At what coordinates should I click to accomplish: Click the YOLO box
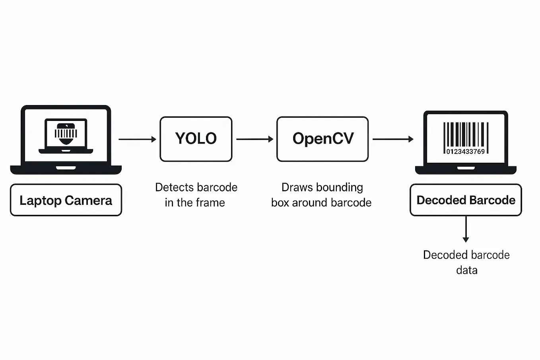(x=196, y=139)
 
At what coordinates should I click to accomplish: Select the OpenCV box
(x=322, y=139)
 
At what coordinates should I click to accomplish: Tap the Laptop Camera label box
(x=66, y=200)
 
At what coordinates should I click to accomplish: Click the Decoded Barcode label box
(x=466, y=200)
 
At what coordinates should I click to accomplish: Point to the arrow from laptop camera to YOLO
(x=137, y=139)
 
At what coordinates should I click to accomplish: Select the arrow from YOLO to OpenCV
(x=254, y=139)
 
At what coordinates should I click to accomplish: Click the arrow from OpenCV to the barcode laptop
(x=393, y=139)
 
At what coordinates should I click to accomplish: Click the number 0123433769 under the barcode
(x=465, y=152)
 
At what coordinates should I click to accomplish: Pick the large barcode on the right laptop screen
(x=466, y=135)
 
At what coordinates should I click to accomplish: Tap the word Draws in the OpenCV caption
(x=297, y=187)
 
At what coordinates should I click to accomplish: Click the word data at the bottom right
(x=466, y=270)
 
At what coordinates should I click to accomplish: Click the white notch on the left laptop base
(x=66, y=168)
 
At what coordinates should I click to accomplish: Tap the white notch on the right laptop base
(x=466, y=168)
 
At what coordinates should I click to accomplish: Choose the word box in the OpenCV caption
(x=280, y=203)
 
